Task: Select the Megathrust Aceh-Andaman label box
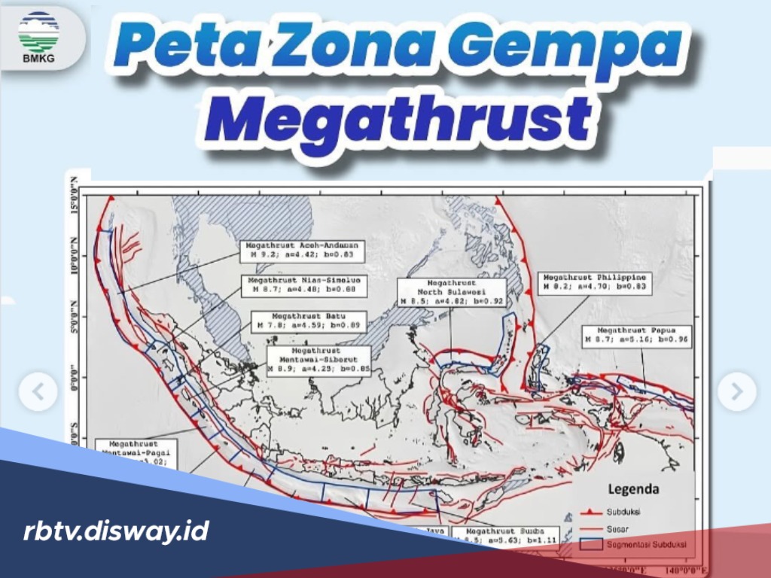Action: coord(303,251)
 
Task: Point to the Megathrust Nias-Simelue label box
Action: coord(302,284)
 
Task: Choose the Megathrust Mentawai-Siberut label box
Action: coord(318,360)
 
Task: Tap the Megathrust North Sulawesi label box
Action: coord(452,292)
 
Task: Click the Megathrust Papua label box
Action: coord(637,336)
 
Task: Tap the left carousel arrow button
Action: coord(38,391)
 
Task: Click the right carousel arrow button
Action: coord(736,391)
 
